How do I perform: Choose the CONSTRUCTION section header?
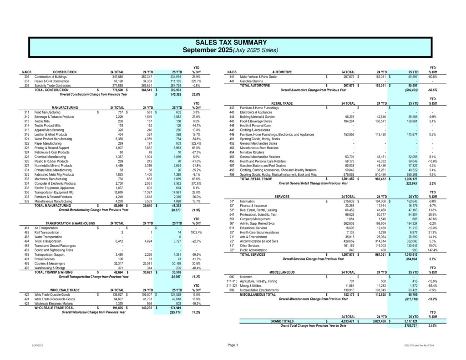tap(68, 72)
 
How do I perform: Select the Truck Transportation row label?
tap(48, 242)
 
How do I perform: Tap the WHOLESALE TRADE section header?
tap(66, 290)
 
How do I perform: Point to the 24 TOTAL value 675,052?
tap(348, 174)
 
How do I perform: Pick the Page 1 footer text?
tap(233, 345)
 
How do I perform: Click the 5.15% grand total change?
tap(432, 326)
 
